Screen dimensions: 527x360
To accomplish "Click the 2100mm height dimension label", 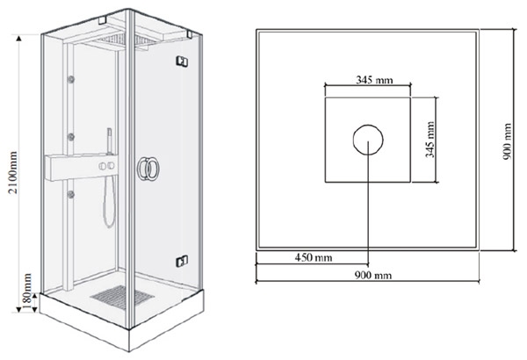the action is click(13, 173).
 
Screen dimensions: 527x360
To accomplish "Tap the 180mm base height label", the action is click(26, 292).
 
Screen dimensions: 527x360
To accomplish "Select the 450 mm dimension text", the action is click(314, 258).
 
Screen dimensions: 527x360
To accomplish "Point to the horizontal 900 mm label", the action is click(373, 276).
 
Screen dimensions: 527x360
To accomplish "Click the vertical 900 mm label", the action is click(508, 141).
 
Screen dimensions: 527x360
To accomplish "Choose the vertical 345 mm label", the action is click(430, 140).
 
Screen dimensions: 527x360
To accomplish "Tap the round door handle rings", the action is click(148, 169).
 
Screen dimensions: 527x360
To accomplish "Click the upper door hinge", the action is click(182, 61).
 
